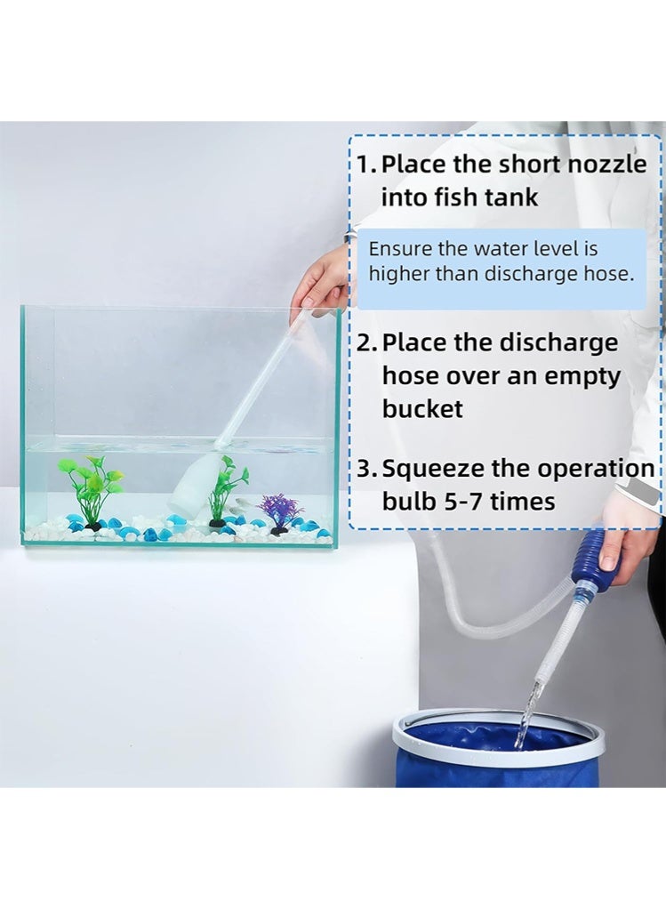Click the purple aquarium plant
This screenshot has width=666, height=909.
[281, 512]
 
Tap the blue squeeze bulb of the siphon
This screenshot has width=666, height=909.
[598, 559]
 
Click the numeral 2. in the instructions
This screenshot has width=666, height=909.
[368, 343]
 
